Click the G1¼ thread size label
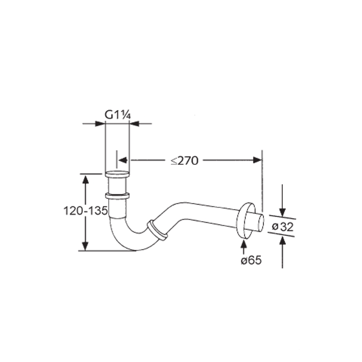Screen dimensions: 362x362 tap(118, 114)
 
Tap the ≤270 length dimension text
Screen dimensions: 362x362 tap(185, 161)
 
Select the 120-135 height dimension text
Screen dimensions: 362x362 tap(86, 211)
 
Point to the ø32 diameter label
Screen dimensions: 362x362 tap(282, 227)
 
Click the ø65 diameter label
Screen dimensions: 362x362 tap(251, 261)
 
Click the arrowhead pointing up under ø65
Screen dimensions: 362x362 tap(243, 243)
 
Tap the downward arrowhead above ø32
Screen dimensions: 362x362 tap(282, 212)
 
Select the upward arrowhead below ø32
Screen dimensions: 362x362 tap(282, 240)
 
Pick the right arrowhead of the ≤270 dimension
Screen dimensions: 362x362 tap(257, 160)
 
